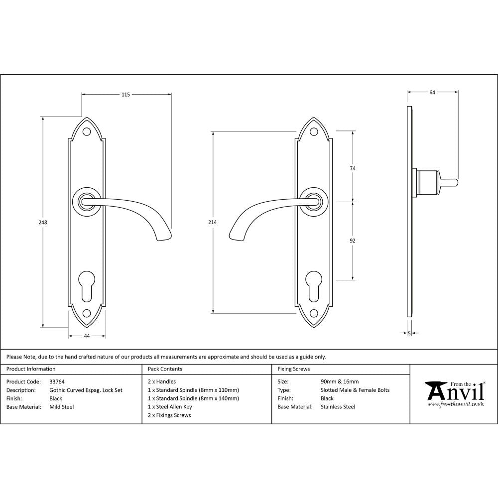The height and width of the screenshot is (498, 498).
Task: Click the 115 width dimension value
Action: [x=125, y=95]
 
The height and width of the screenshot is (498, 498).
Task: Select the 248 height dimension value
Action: [x=43, y=223]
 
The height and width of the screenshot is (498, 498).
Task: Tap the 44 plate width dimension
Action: [x=87, y=336]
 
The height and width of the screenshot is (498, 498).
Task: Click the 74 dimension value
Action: [x=353, y=169]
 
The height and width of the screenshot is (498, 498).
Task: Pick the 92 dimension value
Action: [x=353, y=241]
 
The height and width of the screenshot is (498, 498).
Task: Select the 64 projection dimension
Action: [x=432, y=92]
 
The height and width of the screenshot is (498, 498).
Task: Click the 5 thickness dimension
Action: [x=409, y=333]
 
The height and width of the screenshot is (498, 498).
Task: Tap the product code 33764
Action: [x=57, y=382]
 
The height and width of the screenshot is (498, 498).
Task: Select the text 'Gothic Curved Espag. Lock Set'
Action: [x=86, y=390]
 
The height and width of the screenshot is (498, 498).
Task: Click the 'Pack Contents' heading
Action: [x=165, y=369]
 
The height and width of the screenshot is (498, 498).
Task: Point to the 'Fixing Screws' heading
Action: [x=294, y=369]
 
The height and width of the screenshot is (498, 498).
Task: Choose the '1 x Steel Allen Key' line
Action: [x=170, y=407]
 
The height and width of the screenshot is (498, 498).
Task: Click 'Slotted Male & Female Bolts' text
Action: [x=355, y=390]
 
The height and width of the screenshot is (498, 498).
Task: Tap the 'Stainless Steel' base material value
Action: [x=338, y=407]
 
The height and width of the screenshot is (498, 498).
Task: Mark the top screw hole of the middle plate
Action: [x=314, y=132]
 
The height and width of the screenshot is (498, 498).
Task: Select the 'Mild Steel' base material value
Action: [x=62, y=407]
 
